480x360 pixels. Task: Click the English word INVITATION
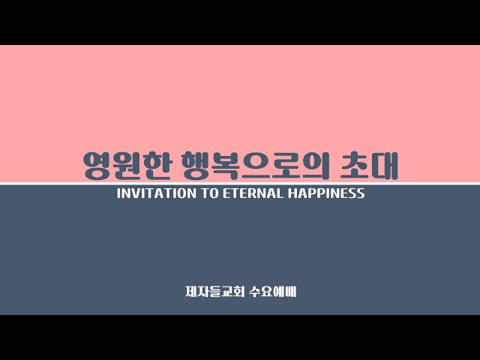point(157,193)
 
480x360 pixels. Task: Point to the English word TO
point(210,193)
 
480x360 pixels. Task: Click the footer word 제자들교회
point(214,292)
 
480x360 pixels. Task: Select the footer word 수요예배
point(272,292)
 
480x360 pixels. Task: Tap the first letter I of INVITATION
point(118,193)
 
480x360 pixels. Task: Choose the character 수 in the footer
point(254,292)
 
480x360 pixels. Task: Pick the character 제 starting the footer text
point(191,292)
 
